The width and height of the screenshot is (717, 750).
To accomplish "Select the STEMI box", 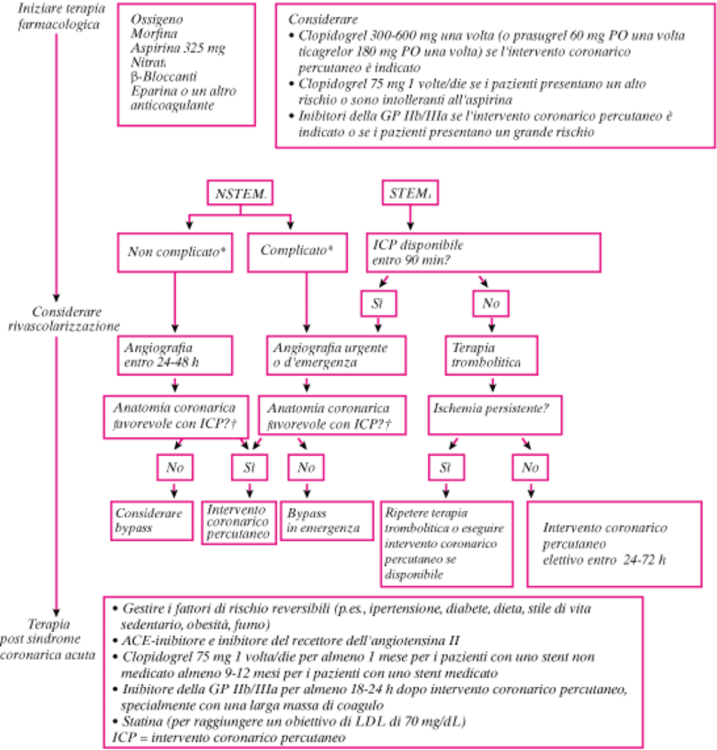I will click(x=410, y=193).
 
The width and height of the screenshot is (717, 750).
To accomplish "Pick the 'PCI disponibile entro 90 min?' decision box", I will click(x=483, y=253).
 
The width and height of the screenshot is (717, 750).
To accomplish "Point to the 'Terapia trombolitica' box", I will click(x=491, y=355).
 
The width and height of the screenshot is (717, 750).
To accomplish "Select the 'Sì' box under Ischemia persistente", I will click(x=446, y=467).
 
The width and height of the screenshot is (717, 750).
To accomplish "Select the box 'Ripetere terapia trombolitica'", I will click(x=447, y=544).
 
